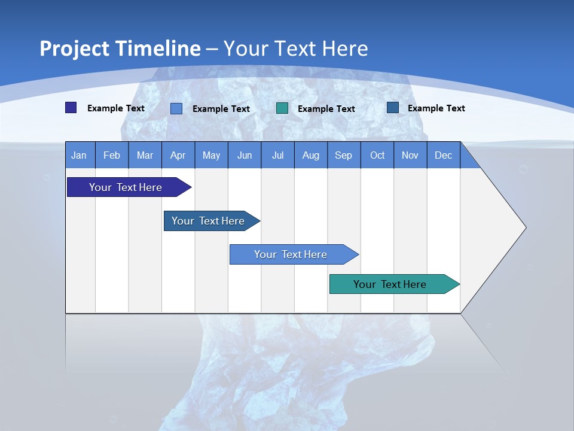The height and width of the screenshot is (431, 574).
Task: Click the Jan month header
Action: pyautogui.click(x=79, y=155)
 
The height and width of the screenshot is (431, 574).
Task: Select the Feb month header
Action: pyautogui.click(x=112, y=155)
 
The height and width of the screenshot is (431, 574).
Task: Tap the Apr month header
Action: pyautogui.click(x=178, y=155)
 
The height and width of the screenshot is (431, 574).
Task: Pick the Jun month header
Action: pyautogui.click(x=245, y=155)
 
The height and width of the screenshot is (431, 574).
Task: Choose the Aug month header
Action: pyautogui.click(x=311, y=155)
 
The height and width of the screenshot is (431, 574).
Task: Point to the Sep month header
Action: pyautogui.click(x=344, y=155)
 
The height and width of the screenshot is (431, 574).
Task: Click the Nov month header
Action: pyautogui.click(x=410, y=155)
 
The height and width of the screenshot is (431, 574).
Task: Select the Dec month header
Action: pyautogui.click(x=444, y=155)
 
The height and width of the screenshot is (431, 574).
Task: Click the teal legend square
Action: pyautogui.click(x=282, y=108)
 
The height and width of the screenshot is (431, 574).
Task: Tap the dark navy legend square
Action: pyautogui.click(x=71, y=108)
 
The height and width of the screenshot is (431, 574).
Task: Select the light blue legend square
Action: pyautogui.click(x=176, y=108)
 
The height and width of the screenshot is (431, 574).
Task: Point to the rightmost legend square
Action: pyautogui.click(x=393, y=108)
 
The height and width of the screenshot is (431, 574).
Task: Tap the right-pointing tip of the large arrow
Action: pyautogui.click(x=524, y=227)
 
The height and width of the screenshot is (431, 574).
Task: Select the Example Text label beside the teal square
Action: pyautogui.click(x=326, y=109)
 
